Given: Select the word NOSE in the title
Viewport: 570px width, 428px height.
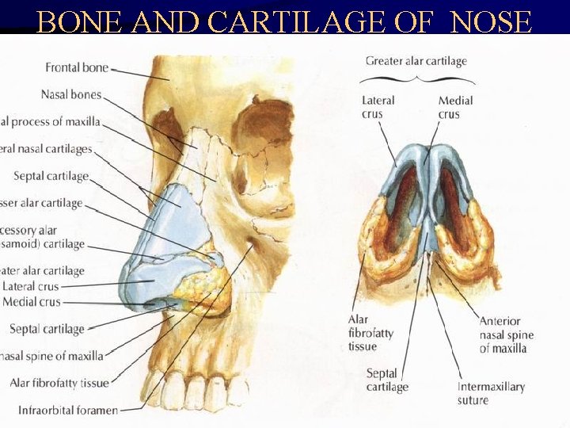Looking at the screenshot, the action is point(491,22).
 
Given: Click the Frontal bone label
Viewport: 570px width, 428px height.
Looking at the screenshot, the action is point(76,68).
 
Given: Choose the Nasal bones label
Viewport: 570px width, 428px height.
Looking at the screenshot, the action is point(71,95).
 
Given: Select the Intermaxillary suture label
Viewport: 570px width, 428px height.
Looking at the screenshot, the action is point(491,393).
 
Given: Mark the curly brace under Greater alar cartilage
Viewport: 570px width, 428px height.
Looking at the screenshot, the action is point(416,80).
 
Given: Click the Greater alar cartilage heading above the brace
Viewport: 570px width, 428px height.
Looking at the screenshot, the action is point(416,61).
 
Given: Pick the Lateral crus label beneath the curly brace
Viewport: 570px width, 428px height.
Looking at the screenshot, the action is point(378,108).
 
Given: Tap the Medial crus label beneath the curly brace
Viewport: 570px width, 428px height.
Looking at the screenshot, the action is point(455,108).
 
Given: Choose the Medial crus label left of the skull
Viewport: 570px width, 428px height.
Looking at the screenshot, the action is point(31,302).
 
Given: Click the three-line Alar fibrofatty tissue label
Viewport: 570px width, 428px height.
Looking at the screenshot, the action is point(370,334).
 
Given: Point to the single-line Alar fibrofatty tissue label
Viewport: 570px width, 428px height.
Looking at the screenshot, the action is point(59,383).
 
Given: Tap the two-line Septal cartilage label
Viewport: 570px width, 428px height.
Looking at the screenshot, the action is point(387,380).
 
